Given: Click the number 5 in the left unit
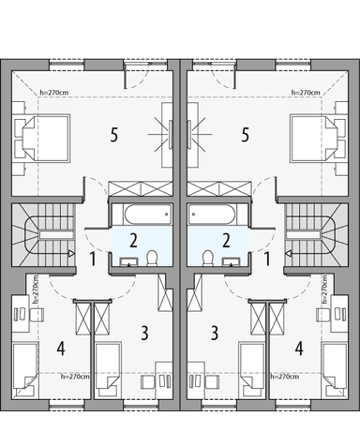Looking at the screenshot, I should pyautogui.click(x=114, y=135).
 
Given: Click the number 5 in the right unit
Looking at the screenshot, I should pyautogui.click(x=246, y=135).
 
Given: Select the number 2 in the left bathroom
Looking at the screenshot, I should pyautogui.click(x=134, y=240).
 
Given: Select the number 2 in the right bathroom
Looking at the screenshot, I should pyautogui.click(x=226, y=240).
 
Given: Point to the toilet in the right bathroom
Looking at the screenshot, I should pyautogui.click(x=207, y=260).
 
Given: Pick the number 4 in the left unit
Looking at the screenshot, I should pyautogui.click(x=60, y=349).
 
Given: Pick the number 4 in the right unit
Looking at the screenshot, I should pyautogui.click(x=300, y=349).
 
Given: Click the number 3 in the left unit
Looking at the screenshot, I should pyautogui.click(x=144, y=332).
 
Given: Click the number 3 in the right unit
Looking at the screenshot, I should pyautogui.click(x=216, y=332).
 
